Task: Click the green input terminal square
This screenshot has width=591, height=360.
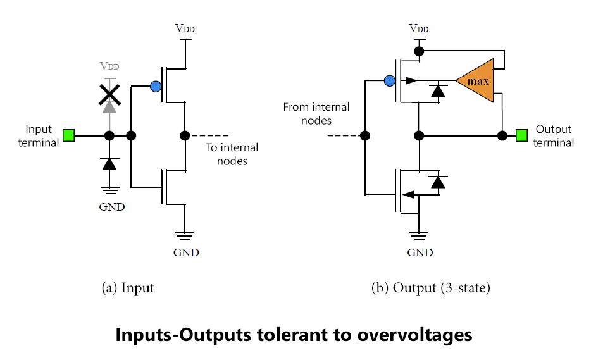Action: (68, 135)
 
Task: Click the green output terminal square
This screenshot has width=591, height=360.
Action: (521, 135)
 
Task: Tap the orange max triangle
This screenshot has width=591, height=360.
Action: (476, 80)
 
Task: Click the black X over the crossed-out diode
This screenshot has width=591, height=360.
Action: (109, 95)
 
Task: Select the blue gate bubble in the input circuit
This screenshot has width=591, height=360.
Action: (156, 86)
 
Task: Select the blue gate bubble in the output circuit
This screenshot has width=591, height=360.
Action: (390, 81)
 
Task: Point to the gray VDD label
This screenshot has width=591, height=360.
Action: (109, 66)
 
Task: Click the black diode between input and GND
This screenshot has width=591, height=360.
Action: (109, 164)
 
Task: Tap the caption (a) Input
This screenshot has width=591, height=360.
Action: (128, 288)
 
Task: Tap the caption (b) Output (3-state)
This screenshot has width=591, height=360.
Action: (431, 288)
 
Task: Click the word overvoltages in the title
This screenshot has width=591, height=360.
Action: (414, 335)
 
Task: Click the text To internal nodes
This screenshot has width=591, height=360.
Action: (232, 154)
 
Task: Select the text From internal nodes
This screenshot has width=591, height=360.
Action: (316, 114)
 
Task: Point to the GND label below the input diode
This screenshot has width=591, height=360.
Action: (112, 207)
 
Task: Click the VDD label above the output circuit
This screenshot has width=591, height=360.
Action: (419, 28)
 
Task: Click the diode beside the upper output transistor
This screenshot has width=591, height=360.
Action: (438, 91)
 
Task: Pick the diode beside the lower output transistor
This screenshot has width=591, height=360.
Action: (438, 182)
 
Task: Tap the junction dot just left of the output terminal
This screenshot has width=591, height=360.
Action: (502, 135)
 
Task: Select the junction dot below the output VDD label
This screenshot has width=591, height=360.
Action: (419, 51)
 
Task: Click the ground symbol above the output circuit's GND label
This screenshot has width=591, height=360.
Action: (419, 236)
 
